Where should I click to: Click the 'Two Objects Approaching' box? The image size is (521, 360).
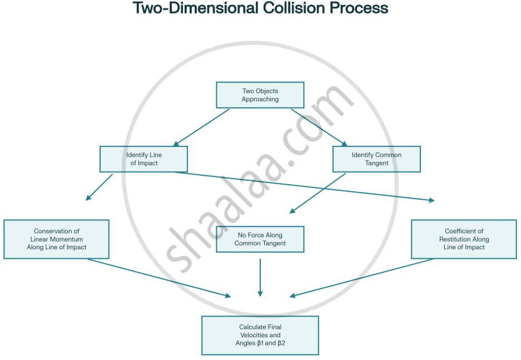pos(260,95)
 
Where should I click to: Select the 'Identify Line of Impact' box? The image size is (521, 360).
pos(143,159)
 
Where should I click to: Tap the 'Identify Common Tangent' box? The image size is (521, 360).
pos(376,159)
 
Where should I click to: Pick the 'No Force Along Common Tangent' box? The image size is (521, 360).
pos(260,239)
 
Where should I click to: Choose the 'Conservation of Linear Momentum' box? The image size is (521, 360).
pos(56,239)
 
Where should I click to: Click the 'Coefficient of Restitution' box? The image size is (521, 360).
pos(464,239)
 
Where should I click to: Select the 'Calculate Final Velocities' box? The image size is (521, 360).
pos(260,336)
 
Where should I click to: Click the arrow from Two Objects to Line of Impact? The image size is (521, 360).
pos(201,127)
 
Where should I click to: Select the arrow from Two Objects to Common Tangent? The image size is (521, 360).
pos(319,127)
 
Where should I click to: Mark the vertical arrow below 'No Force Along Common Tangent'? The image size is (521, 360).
pos(260,277)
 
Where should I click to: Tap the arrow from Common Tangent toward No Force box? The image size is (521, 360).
pos(317,193)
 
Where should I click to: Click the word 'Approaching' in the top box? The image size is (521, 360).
pos(260,99)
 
